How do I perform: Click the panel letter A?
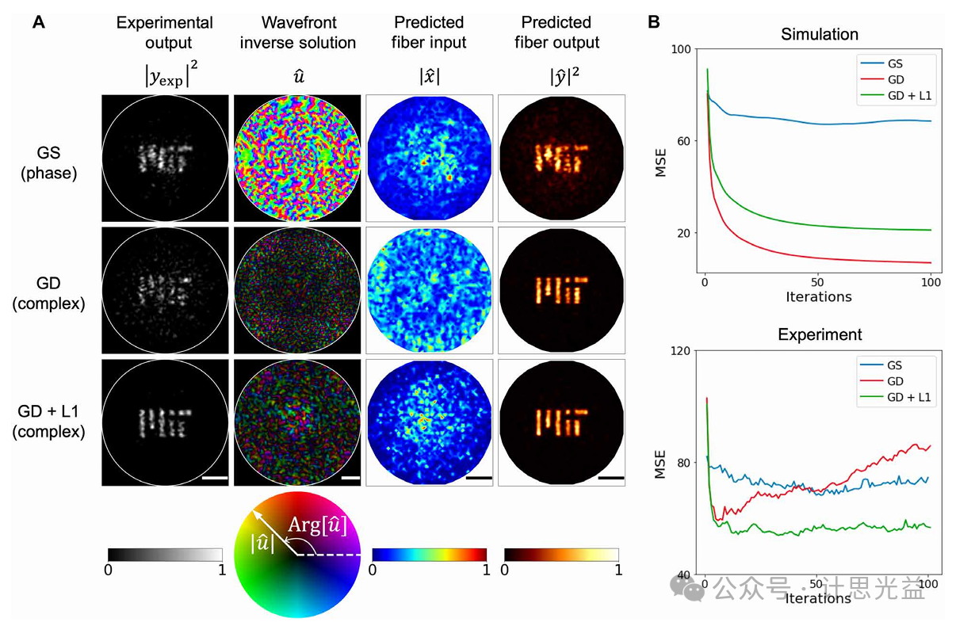[38, 23]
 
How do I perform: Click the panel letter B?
[654, 23]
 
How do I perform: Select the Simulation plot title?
[819, 34]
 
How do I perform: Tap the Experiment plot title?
[819, 334]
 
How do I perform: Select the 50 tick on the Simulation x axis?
[818, 282]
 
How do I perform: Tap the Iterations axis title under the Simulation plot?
[819, 297]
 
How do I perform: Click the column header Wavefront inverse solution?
[298, 32]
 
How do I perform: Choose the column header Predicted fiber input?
[430, 32]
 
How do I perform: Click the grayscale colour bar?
[165, 554]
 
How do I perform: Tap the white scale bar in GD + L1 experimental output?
[215, 478]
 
